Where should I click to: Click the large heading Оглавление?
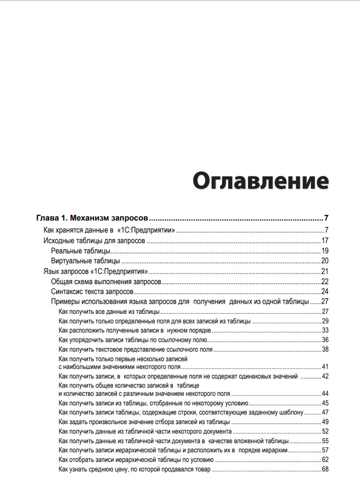click(261, 181)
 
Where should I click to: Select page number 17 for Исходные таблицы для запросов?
click(325, 241)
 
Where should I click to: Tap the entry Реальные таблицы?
click(81, 251)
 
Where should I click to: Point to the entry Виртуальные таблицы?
click(85, 261)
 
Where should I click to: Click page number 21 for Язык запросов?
click(325, 271)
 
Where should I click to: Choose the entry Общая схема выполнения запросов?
click(106, 281)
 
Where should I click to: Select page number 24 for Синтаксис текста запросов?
click(325, 292)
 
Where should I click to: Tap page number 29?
click(325, 321)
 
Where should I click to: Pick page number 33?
click(325, 330)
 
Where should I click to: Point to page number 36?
click(325, 340)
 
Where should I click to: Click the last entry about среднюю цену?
click(135, 469)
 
